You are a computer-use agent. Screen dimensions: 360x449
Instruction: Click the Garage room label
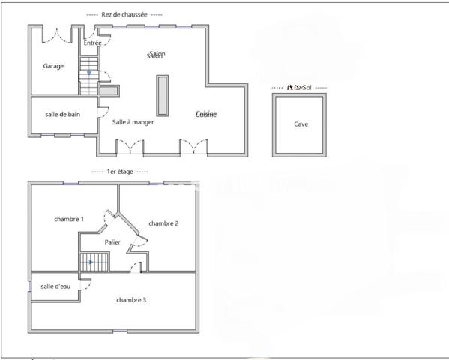tap(53, 66)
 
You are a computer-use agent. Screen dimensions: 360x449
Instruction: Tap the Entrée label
tap(92, 43)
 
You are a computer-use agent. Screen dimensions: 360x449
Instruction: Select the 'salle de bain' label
tap(62, 114)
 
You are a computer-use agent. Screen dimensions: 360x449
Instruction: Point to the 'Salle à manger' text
tap(133, 121)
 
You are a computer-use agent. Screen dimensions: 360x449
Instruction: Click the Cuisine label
tap(206, 114)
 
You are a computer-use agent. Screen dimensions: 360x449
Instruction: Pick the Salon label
tap(156, 55)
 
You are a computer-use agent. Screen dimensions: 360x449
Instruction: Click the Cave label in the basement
tap(301, 124)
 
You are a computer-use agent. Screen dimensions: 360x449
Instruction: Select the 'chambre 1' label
tap(69, 219)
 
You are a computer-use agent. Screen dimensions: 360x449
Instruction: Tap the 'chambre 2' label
tap(163, 223)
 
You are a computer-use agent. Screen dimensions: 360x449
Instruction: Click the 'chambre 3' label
tap(131, 300)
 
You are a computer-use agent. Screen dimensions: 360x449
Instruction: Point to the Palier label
tap(112, 242)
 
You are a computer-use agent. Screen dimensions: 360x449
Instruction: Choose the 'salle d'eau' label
tap(54, 286)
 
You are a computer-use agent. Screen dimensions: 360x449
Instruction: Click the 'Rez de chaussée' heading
tap(125, 14)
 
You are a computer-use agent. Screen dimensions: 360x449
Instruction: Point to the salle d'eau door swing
tap(85, 285)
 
